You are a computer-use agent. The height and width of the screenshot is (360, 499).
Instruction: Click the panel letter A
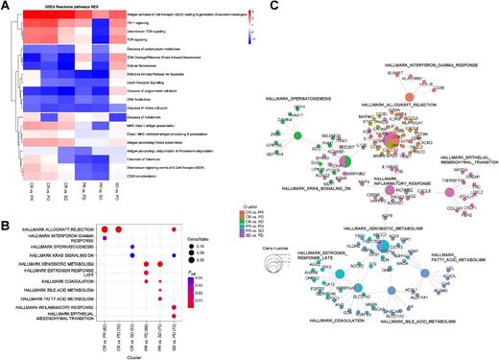pyautogui.click(x=5, y=5)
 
